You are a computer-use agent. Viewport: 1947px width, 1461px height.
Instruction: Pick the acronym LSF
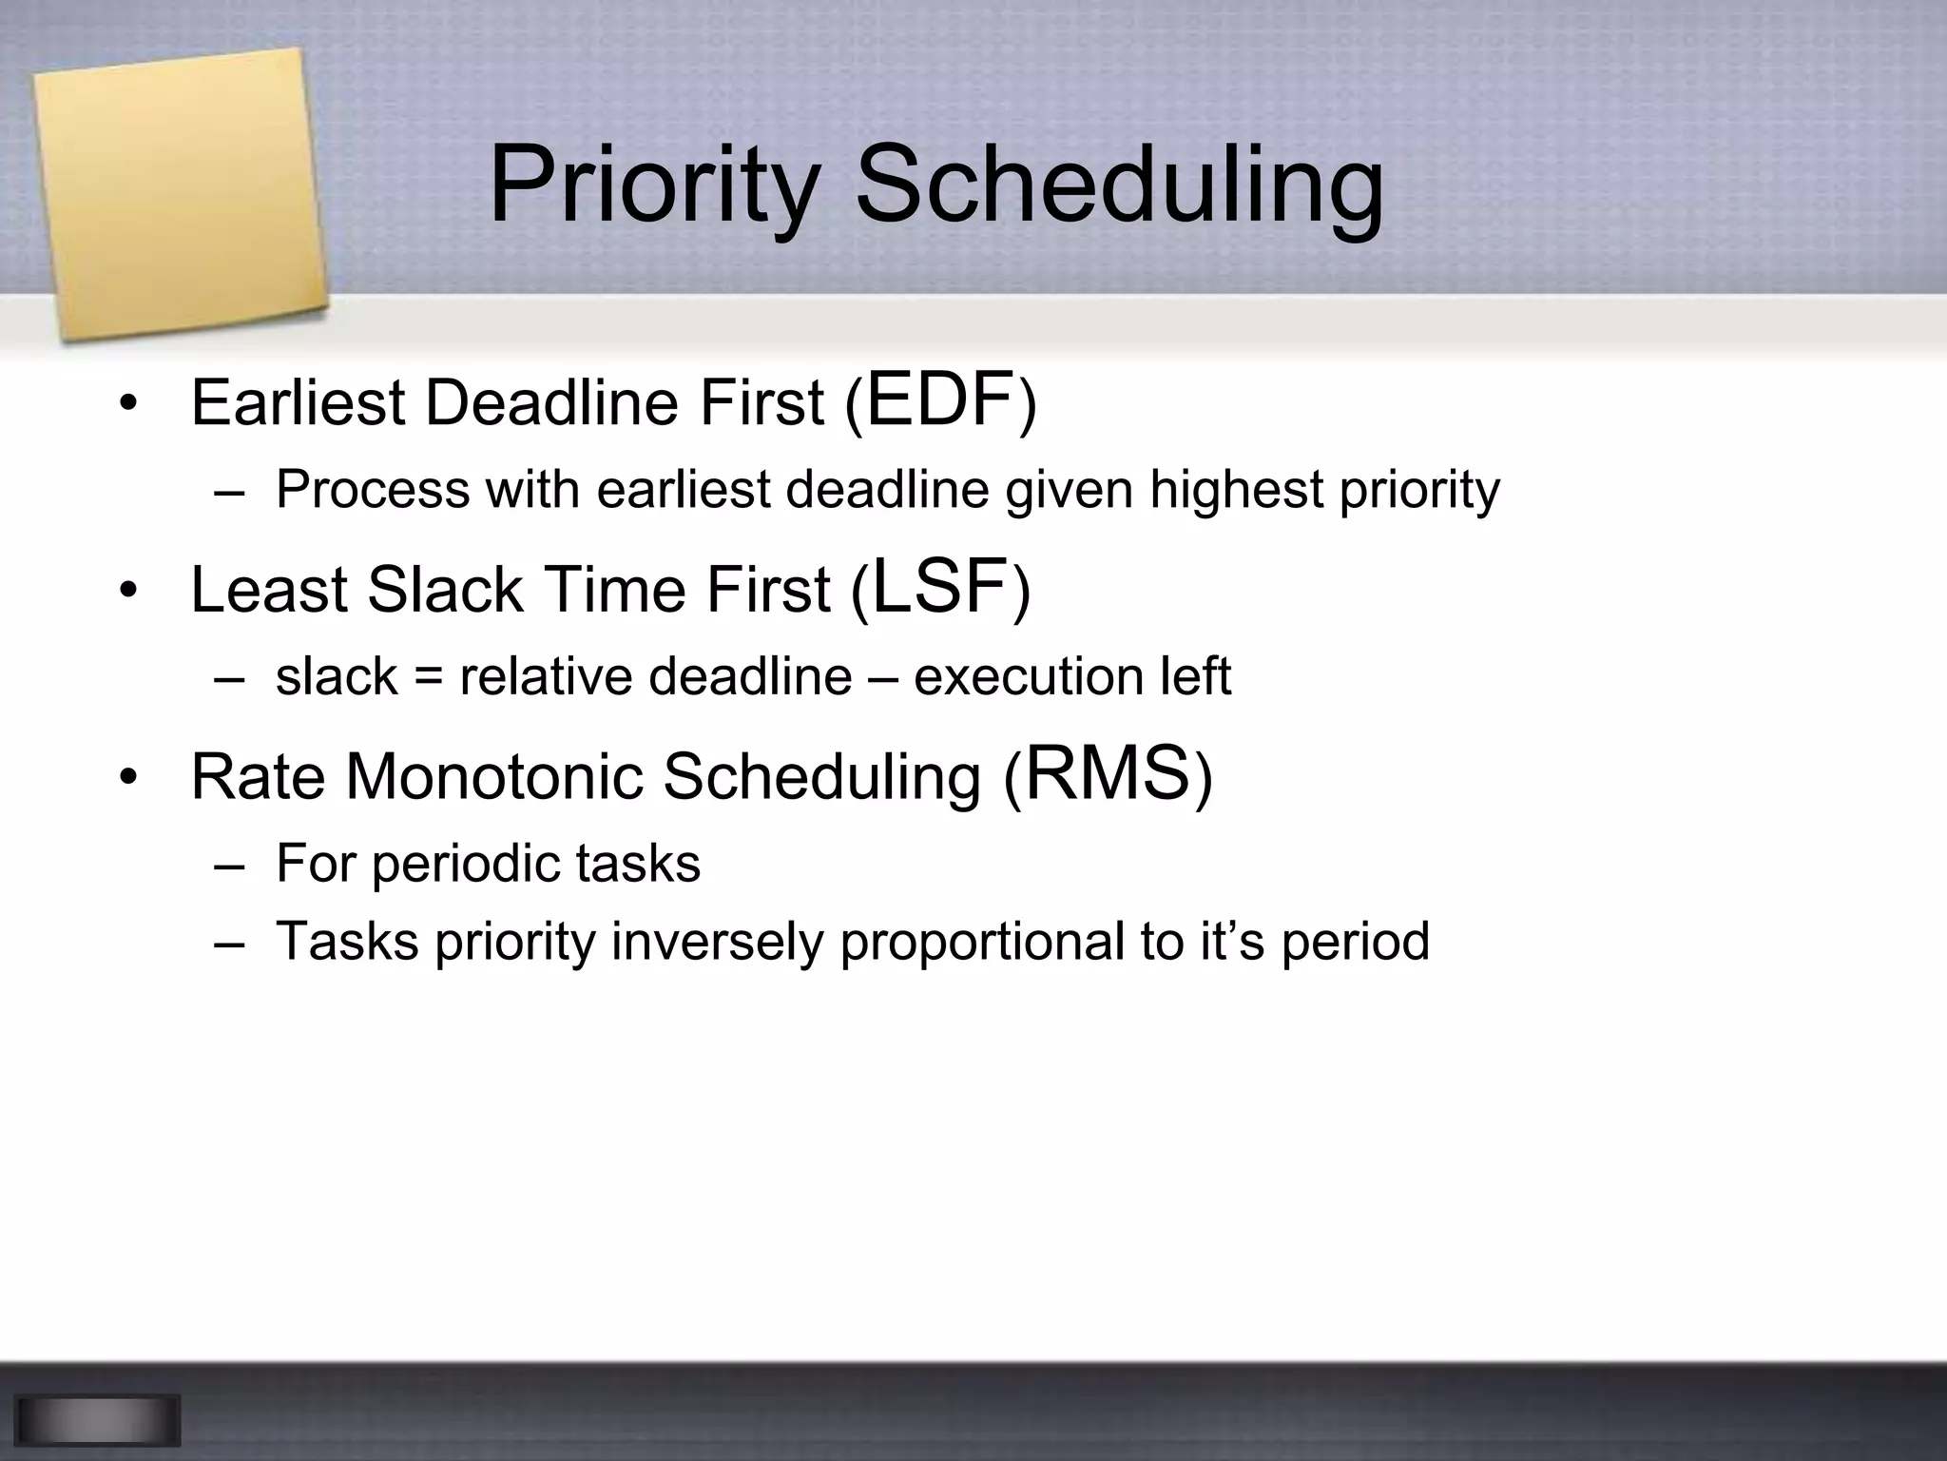click(x=939, y=587)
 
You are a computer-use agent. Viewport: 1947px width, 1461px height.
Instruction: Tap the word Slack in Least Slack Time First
click(x=444, y=590)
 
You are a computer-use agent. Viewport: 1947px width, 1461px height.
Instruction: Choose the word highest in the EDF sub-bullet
click(x=1236, y=491)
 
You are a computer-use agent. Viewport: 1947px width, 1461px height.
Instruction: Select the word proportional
click(x=981, y=942)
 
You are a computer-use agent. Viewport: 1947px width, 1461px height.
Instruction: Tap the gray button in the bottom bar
click(x=97, y=1420)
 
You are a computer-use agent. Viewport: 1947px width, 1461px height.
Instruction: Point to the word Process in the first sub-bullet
click(x=373, y=491)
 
